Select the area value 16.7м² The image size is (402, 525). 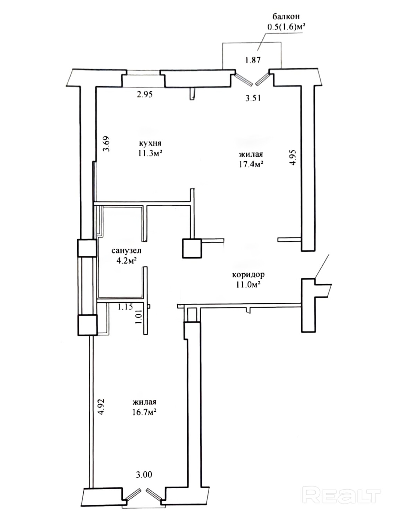point(143,412)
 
